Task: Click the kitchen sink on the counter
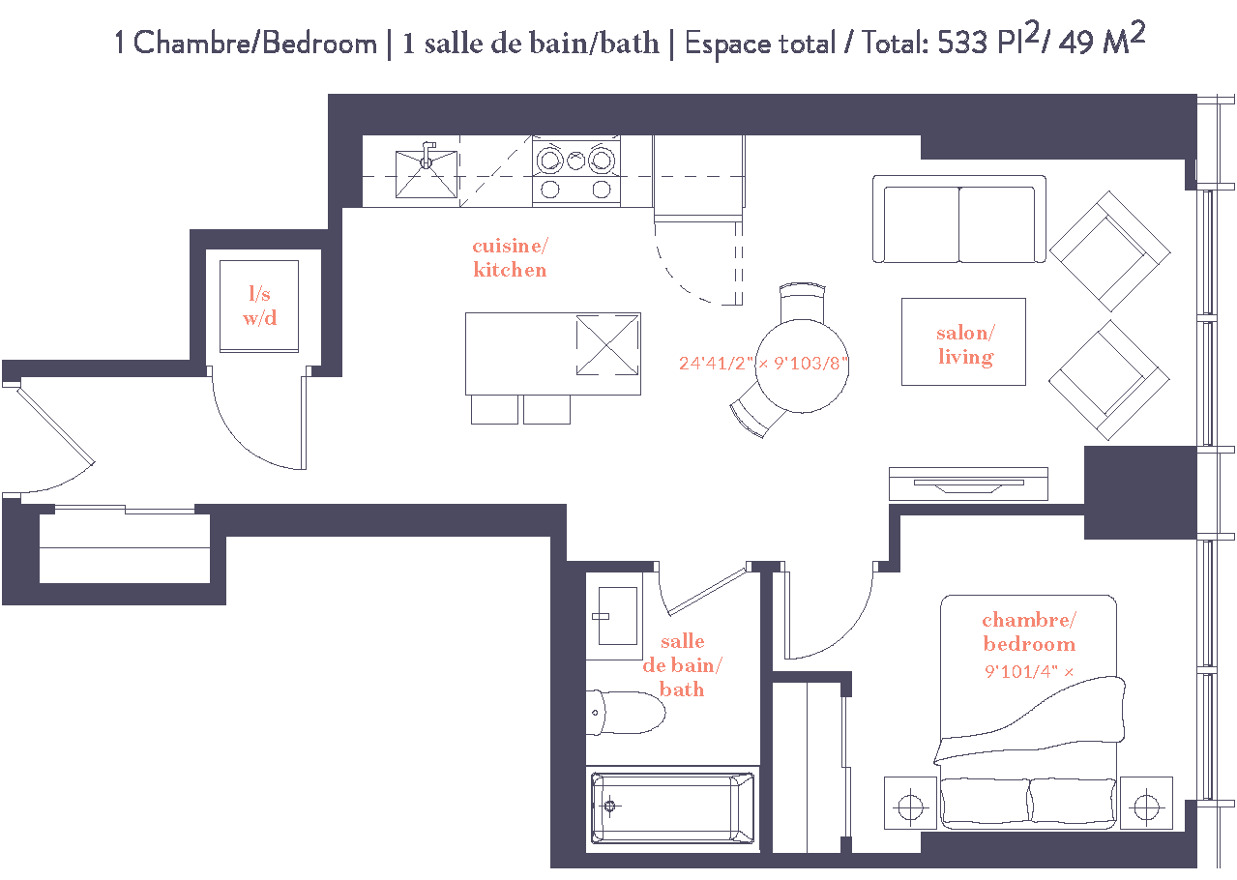[426, 171]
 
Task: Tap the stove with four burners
[576, 171]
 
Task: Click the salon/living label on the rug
[964, 345]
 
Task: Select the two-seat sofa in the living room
[958, 220]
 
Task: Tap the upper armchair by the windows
[1109, 251]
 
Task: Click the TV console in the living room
[968, 484]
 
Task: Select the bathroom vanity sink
[616, 616]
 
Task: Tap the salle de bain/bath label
[682, 665]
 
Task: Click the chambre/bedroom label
[1029, 632]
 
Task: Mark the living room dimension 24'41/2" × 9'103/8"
[763, 365]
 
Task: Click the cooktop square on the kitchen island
[608, 345]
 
